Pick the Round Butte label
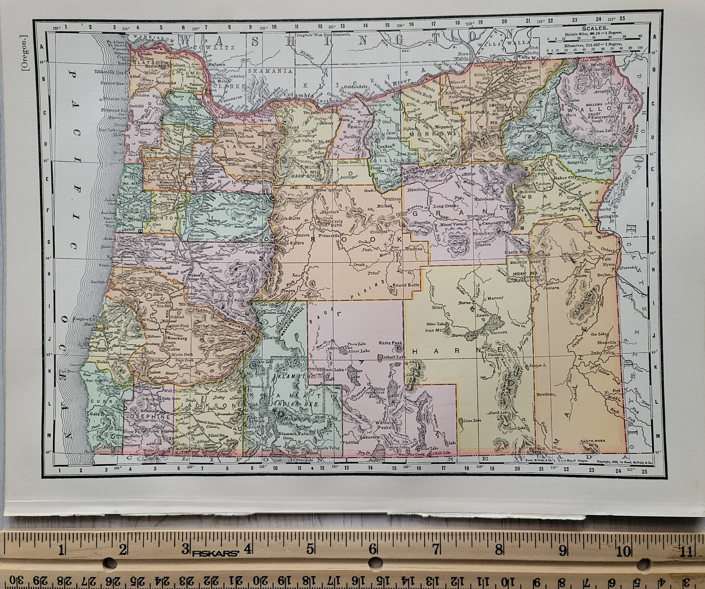(x=406, y=285)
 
